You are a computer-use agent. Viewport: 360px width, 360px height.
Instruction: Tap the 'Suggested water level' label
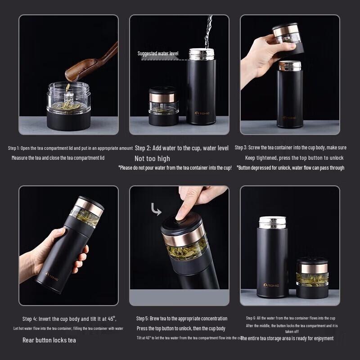pyautogui.click(x=158, y=54)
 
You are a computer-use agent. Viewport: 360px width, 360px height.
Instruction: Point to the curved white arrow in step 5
pyautogui.click(x=156, y=210)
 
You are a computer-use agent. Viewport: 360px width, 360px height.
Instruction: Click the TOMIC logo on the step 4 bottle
pyautogui.click(x=52, y=274)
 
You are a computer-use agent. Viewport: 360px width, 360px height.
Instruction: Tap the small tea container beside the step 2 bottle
pyautogui.click(x=164, y=107)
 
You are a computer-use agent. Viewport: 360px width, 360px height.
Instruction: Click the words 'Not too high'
pyautogui.click(x=152, y=158)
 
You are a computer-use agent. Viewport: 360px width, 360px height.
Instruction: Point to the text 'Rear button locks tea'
pyautogui.click(x=49, y=340)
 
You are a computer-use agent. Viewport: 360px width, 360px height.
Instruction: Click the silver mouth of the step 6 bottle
pyautogui.click(x=273, y=222)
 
